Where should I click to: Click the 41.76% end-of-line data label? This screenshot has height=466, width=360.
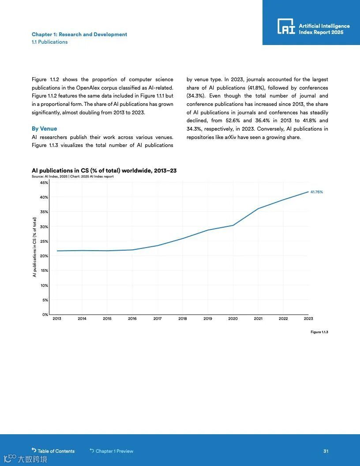point(316,192)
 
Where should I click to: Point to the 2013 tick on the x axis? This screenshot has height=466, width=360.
point(57,319)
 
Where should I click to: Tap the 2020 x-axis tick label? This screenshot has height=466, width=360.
point(233,319)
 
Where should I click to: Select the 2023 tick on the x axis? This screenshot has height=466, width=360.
point(308,319)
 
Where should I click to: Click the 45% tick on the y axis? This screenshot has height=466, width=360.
point(44,183)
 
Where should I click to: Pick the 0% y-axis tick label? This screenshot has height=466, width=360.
point(45,315)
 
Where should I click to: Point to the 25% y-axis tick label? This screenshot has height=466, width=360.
point(44,241)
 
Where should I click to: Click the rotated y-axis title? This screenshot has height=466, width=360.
point(34,247)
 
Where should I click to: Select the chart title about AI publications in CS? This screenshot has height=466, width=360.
point(104,170)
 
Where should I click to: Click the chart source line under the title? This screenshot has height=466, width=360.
point(73,177)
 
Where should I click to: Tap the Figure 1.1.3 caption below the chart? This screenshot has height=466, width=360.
point(319,332)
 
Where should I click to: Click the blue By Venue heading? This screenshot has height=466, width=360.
point(44,129)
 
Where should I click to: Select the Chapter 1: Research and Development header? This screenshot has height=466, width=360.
point(79,34)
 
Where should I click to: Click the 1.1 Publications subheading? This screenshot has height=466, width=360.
point(49,42)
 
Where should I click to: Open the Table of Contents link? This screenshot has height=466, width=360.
point(56,451)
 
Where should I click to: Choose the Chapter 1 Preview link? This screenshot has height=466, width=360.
point(114,451)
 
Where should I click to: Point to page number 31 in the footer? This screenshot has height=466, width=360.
point(326,451)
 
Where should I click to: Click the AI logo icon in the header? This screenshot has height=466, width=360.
point(286,26)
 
